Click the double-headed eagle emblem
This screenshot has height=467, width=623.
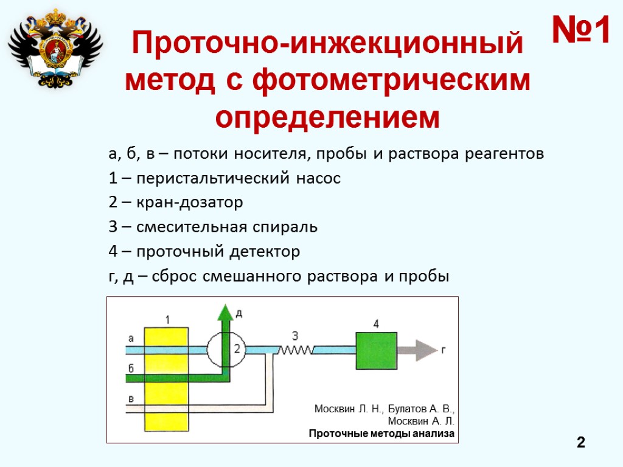tap(55, 47)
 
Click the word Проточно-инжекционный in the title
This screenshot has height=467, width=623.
tap(327, 45)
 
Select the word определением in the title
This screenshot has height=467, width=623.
tap(327, 117)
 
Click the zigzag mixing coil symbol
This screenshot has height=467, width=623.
tap(296, 350)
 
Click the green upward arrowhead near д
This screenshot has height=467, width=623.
tap(226, 311)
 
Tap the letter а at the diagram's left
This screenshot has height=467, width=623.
tap(131, 337)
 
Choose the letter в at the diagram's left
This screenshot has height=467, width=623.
tap(131, 398)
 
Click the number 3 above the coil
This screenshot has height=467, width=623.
tap(295, 336)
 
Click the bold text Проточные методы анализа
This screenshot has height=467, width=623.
tap(381, 434)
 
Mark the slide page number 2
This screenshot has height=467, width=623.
tap(581, 443)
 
